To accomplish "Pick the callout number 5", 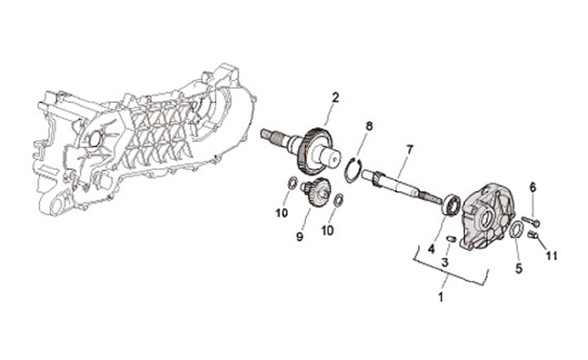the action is coord(517,266).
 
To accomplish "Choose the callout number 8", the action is coord(368,126).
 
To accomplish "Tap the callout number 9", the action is coord(300,237).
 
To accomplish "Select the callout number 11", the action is coord(551,256).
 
